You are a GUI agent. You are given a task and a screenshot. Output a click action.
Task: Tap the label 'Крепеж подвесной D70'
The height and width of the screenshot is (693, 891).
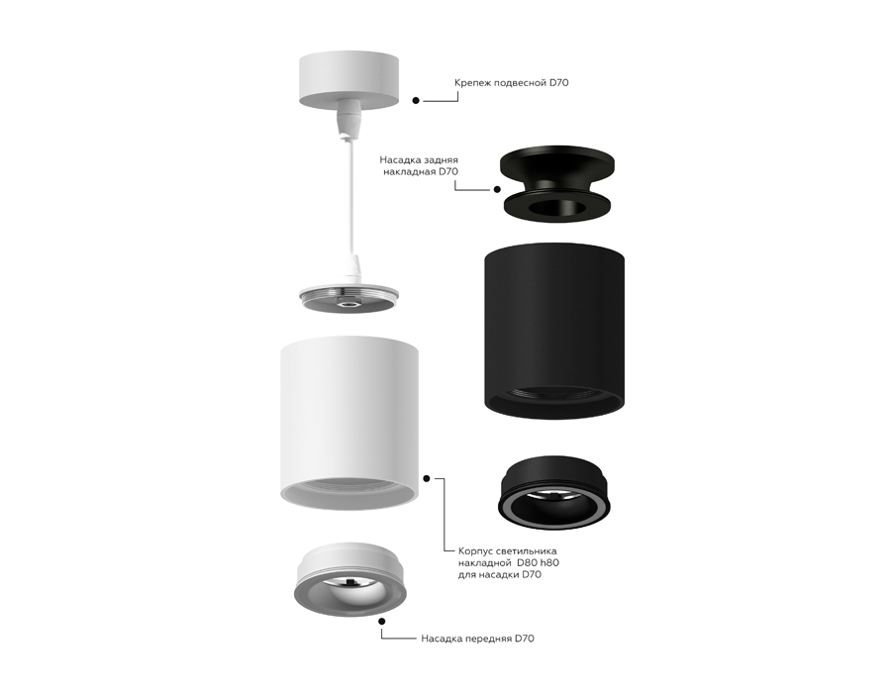(511, 83)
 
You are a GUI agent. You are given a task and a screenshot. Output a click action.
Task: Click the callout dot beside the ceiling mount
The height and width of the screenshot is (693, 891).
(416, 100)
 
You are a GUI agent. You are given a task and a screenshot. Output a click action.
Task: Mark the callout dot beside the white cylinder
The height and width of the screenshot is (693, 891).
(428, 477)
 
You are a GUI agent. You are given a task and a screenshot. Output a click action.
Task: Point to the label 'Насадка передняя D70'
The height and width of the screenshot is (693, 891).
(477, 639)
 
